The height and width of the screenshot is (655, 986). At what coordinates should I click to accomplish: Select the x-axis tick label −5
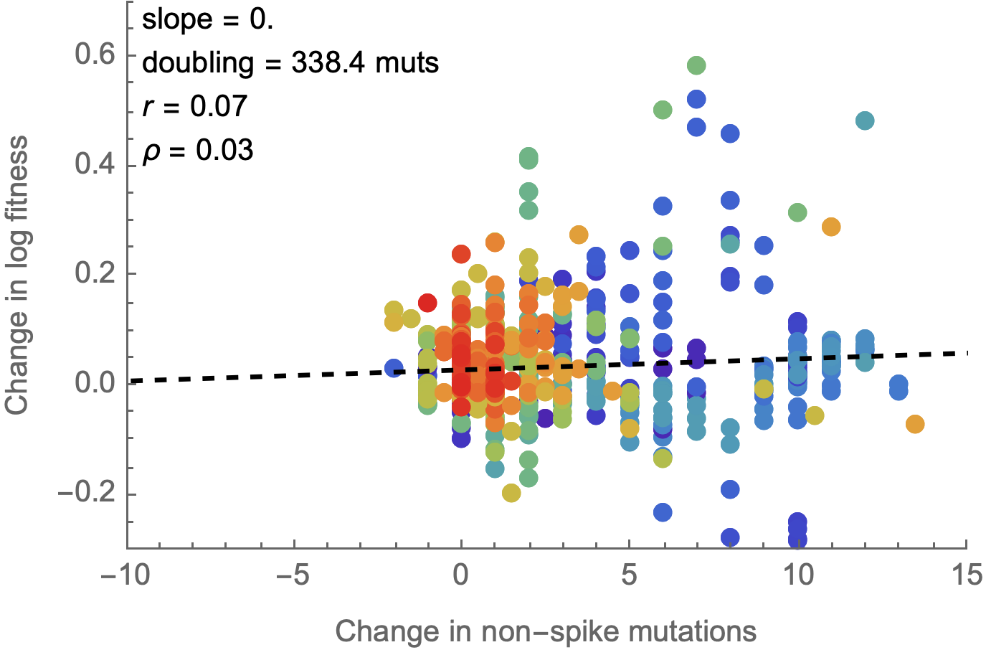(x=294, y=575)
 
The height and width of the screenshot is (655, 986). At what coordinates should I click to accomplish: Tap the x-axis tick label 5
(x=629, y=575)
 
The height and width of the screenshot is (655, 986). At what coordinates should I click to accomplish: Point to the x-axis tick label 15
(x=966, y=575)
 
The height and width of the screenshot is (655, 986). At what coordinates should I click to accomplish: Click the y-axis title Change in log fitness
(x=16, y=275)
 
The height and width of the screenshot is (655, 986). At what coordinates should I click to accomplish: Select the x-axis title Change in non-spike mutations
(x=546, y=632)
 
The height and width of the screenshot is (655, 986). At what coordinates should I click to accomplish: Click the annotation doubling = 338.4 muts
(x=290, y=63)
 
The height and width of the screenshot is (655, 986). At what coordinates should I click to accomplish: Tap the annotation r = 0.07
(x=194, y=107)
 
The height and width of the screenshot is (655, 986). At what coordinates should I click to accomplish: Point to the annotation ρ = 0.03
(x=197, y=150)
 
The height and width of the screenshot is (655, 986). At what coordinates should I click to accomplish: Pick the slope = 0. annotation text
(x=207, y=19)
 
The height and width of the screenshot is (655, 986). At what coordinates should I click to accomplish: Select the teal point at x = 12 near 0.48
(x=865, y=121)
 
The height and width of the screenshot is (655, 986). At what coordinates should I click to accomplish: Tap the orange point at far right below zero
(x=914, y=424)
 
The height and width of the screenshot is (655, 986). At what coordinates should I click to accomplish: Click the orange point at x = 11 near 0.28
(x=830, y=227)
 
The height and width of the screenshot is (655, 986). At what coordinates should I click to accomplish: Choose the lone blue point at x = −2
(x=393, y=368)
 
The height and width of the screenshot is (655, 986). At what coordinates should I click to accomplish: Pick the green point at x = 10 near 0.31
(x=797, y=212)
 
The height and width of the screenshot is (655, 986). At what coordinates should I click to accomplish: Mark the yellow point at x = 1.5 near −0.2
(x=511, y=492)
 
